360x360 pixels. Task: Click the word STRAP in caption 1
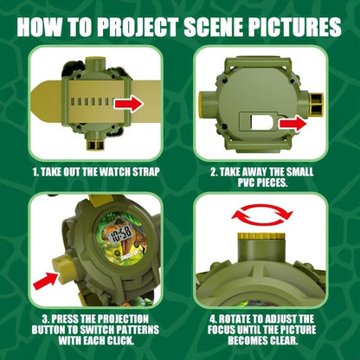(141, 170)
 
